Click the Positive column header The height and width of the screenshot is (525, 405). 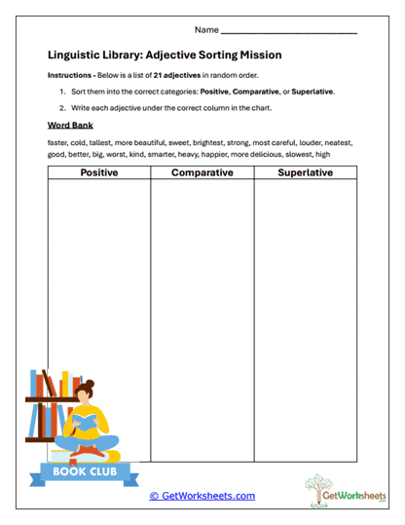[x=99, y=173]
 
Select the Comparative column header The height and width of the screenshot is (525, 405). [x=202, y=173]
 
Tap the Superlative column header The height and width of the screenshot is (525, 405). [x=305, y=173]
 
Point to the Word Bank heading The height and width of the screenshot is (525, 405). [x=69, y=126]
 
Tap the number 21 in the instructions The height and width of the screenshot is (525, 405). [x=159, y=75]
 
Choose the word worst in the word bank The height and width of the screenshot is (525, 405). [x=127, y=154]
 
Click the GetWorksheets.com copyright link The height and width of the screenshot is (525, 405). [x=202, y=496]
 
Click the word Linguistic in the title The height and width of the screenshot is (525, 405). [x=78, y=56]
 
